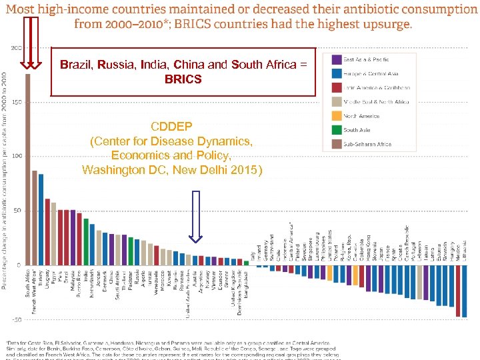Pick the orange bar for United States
click(x=331, y=273)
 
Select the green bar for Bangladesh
click(x=246, y=263)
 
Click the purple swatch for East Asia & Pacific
click(x=337, y=59)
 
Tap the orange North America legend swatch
click(x=337, y=116)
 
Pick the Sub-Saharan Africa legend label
click(x=367, y=145)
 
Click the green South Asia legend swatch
click(x=337, y=130)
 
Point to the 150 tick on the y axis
click(x=15, y=102)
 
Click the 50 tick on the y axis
click(x=16, y=211)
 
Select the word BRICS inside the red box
click(x=183, y=79)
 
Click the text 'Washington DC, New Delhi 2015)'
click(x=173, y=169)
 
